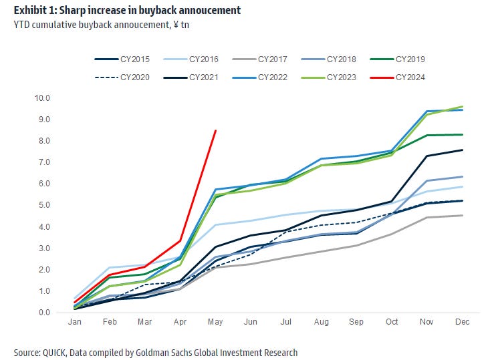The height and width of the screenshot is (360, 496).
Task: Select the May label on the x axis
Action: pos(215,323)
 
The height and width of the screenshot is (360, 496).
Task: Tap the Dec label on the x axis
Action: pos(463,323)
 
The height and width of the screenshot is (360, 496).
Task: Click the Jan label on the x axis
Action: pos(74,323)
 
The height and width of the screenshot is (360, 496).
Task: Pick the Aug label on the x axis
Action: pos(322,323)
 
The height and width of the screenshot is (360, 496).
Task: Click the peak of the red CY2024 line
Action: pos(215,131)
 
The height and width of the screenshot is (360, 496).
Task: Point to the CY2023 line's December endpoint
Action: pos(463,107)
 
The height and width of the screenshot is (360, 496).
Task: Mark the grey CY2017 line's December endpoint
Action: pos(463,215)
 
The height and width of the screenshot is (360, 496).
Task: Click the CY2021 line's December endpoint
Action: pos(463,150)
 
